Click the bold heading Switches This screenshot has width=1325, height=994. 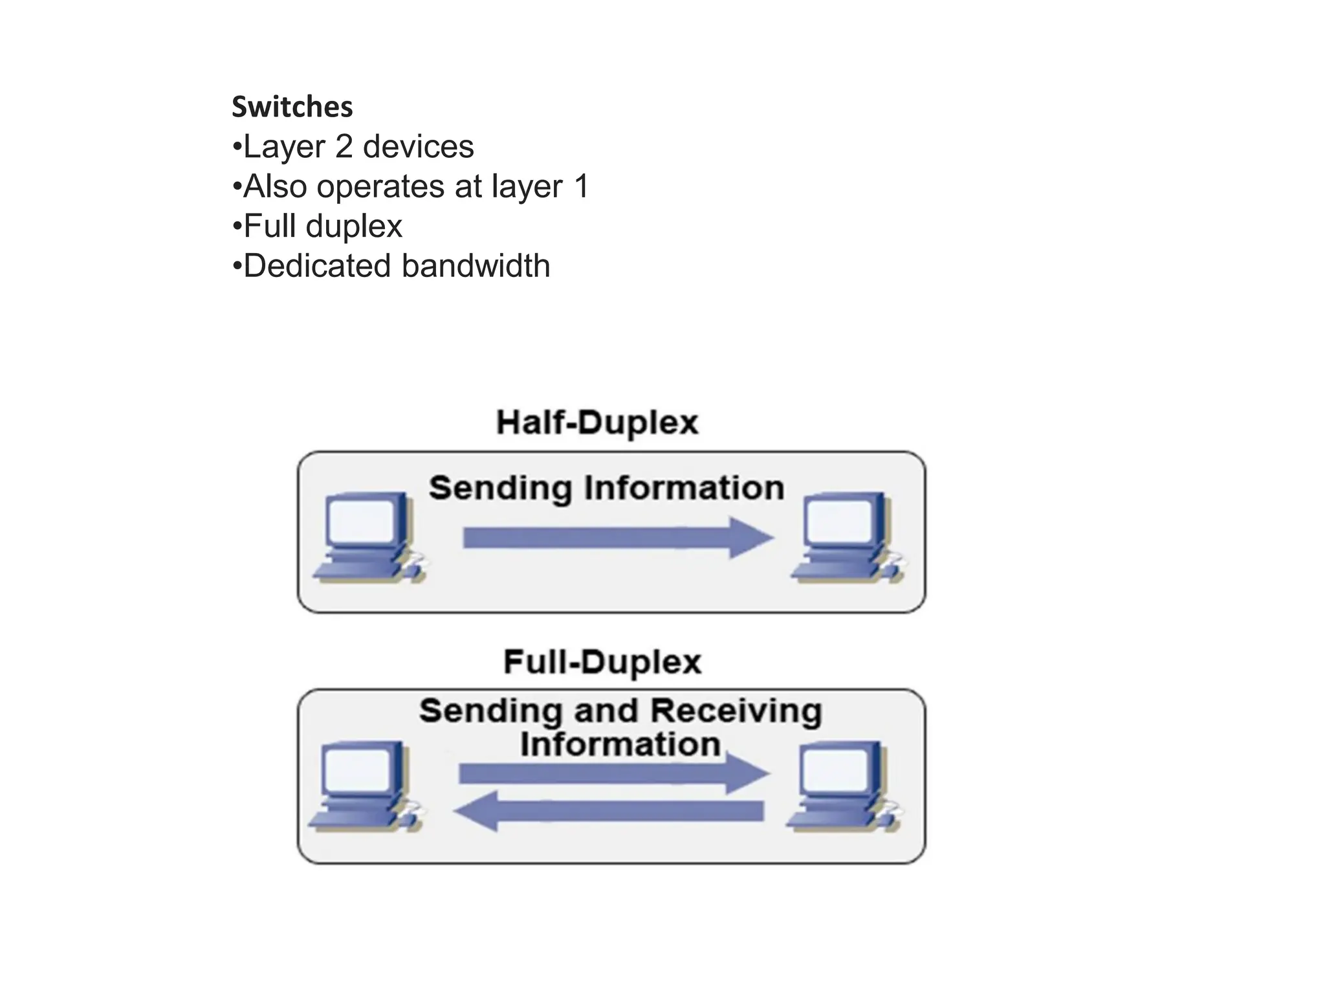click(x=292, y=107)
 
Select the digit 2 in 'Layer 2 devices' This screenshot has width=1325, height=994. click(x=344, y=147)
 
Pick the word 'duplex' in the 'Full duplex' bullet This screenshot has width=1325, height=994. click(x=354, y=226)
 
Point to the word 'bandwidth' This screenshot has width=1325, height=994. click(x=476, y=266)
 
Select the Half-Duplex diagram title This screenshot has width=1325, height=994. click(x=597, y=423)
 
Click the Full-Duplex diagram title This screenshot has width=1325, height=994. click(x=602, y=662)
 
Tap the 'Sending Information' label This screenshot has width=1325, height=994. click(x=606, y=488)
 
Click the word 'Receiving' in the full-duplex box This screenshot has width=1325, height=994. click(x=736, y=711)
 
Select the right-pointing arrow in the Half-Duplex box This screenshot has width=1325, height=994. click(x=618, y=538)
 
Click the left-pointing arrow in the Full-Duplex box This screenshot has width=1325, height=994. click(x=608, y=812)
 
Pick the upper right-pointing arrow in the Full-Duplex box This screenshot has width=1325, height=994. click(x=613, y=774)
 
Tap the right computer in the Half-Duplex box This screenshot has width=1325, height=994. click(x=846, y=537)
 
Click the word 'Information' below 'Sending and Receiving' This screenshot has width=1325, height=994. click(x=620, y=744)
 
